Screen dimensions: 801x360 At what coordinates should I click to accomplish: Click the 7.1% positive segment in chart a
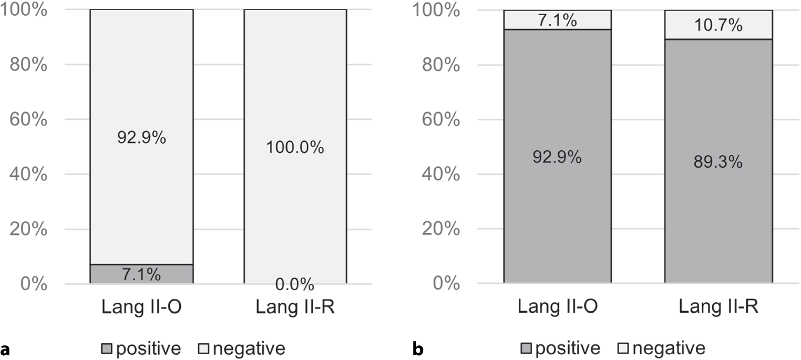coord(141,274)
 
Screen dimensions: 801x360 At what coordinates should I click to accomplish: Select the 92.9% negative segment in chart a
coord(141,137)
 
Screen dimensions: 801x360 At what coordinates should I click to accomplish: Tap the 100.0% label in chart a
coord(295,147)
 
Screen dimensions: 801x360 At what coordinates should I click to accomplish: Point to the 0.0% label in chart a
coord(295,284)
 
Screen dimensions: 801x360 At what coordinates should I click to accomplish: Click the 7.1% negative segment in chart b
coord(558,19)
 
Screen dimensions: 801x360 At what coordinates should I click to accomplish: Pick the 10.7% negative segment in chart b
coord(718,25)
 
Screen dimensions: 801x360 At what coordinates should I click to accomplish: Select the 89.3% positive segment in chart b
coord(718,161)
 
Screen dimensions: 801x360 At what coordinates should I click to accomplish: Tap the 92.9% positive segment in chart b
coord(558,156)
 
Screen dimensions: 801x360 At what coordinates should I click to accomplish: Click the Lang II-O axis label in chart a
coord(141,307)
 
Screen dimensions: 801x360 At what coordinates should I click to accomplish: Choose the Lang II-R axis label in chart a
coord(295,307)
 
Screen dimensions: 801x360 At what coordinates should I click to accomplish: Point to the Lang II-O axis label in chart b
coord(558,306)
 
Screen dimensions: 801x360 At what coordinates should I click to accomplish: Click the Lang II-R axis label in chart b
coord(718,306)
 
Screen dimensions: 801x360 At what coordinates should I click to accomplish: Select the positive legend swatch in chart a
coord(107,348)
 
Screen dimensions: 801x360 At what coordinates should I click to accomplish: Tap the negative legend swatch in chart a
coord(203,348)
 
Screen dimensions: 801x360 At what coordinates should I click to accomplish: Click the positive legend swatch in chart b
coord(526,348)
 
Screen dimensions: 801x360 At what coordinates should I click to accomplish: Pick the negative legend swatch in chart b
coord(623,348)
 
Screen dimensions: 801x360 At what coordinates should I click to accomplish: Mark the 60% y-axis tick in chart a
coord(28,119)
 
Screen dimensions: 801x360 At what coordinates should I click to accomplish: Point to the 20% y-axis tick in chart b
coord(441,229)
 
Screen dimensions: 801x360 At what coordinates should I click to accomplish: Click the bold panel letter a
coord(5,349)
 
